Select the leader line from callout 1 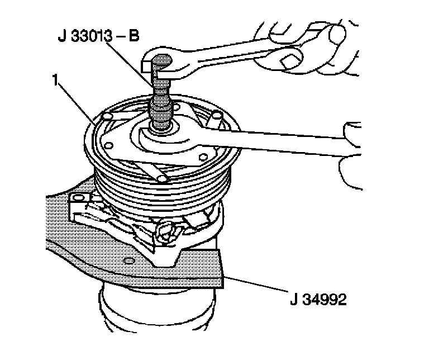76,101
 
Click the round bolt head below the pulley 166,229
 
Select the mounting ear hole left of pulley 78,198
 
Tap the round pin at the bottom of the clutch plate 163,179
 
